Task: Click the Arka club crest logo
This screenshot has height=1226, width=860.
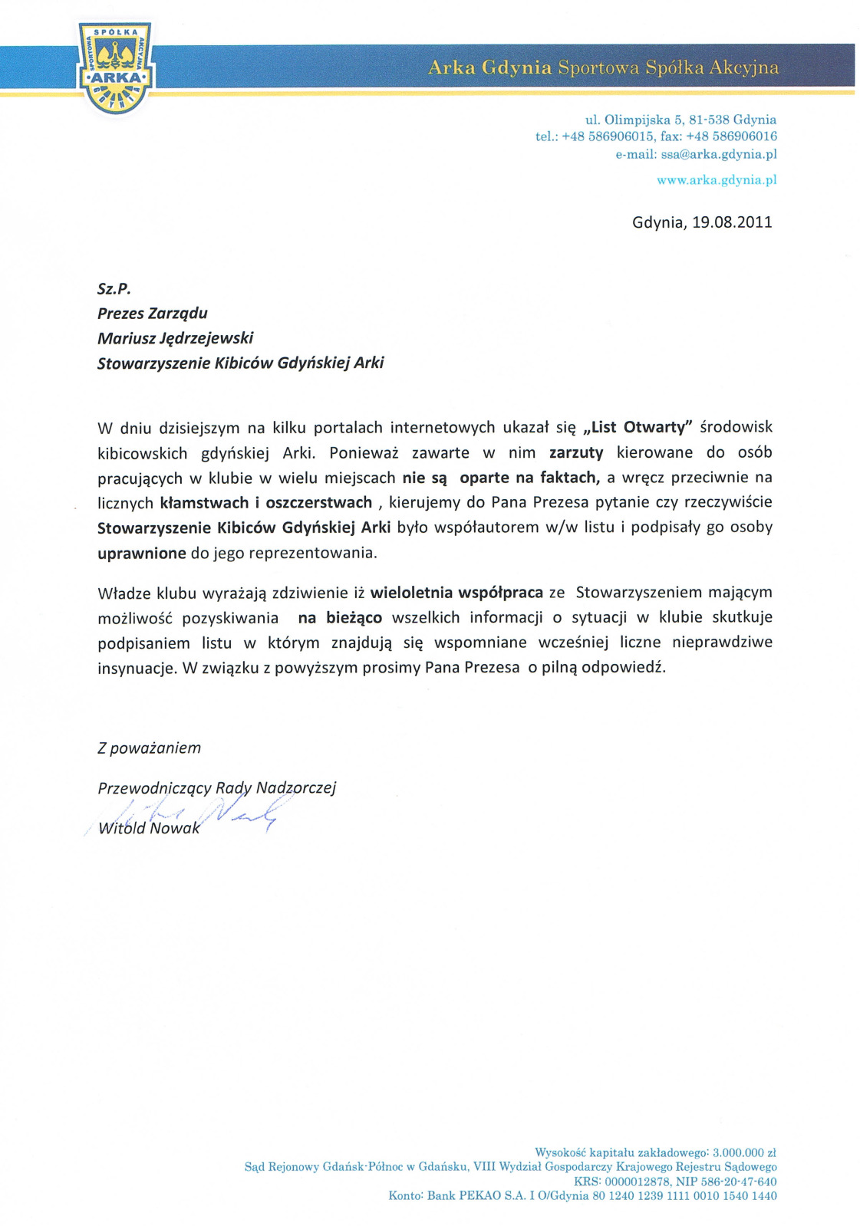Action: click(115, 67)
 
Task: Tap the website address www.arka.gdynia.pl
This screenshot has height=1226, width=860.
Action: click(717, 180)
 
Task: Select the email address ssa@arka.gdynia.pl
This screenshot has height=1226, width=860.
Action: click(719, 154)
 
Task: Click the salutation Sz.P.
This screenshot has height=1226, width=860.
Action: click(114, 289)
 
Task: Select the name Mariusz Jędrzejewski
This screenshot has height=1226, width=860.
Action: click(175, 338)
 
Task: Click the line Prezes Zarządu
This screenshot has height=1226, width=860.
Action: click(152, 314)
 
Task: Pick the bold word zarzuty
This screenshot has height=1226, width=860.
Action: click(576, 452)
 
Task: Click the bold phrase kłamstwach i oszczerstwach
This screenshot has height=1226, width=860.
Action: click(266, 503)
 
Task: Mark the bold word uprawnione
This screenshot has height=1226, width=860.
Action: click(142, 554)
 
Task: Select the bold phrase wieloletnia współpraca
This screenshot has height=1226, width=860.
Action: click(456, 593)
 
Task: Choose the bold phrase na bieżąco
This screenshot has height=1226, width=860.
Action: click(340, 618)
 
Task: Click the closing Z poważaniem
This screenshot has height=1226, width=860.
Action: click(149, 748)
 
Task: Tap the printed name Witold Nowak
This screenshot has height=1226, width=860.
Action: click(149, 828)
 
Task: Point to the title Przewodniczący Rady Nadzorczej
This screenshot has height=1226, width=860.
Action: click(216, 788)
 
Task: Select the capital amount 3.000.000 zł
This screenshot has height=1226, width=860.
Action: click(744, 1152)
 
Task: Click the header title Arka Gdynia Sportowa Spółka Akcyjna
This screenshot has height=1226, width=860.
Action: click(603, 67)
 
